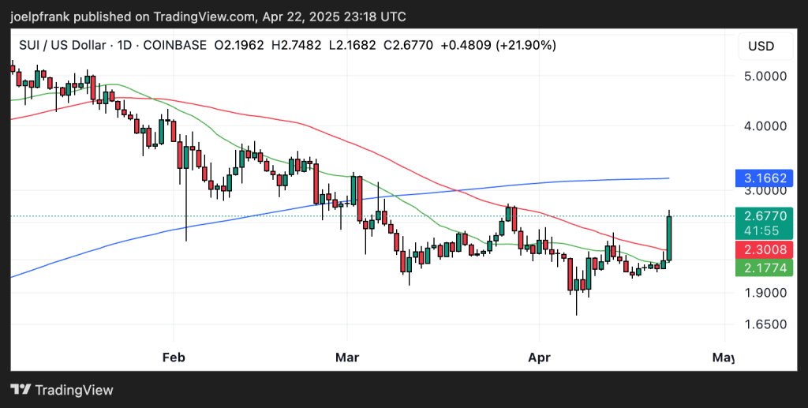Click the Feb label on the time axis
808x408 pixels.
point(173,357)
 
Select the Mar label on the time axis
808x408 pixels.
point(347,357)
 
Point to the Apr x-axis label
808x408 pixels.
point(539,357)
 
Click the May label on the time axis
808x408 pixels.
point(723,357)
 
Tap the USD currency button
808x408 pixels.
point(761,46)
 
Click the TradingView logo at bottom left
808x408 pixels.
point(62,390)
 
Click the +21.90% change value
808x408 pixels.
point(526,45)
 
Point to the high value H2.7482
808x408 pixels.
point(297,45)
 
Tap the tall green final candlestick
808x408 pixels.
point(669,237)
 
